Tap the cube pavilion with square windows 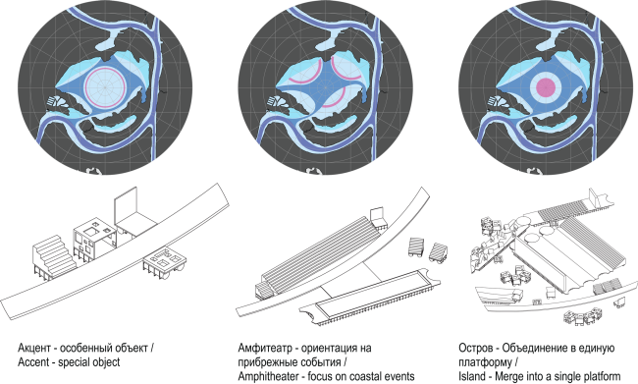(98, 234)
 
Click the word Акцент (34, 350)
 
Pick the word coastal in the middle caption (377, 377)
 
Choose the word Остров (479, 350)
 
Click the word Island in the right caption (475, 377)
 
